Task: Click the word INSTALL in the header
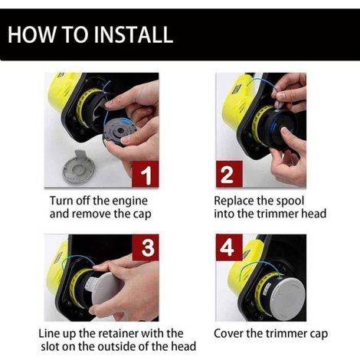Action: [133, 34]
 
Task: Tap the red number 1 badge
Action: [145, 174]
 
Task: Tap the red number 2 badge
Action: [229, 174]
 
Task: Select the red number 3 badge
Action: [146, 247]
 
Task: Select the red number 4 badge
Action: [229, 247]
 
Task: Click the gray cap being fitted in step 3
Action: [105, 290]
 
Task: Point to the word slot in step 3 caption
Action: [50, 346]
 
